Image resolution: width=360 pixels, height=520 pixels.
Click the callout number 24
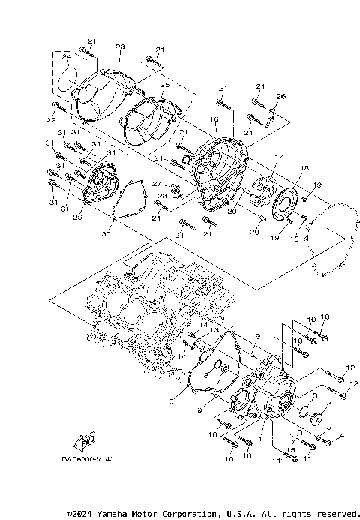click(66, 58)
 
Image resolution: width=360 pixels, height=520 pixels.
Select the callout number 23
click(119, 47)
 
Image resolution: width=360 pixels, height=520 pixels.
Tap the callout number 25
click(165, 86)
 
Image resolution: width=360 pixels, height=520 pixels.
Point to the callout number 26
click(281, 96)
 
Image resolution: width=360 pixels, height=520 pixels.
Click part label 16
click(214, 119)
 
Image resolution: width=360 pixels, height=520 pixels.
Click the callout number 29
click(76, 217)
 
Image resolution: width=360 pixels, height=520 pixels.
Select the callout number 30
click(106, 235)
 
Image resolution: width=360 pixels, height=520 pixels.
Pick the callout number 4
click(342, 435)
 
